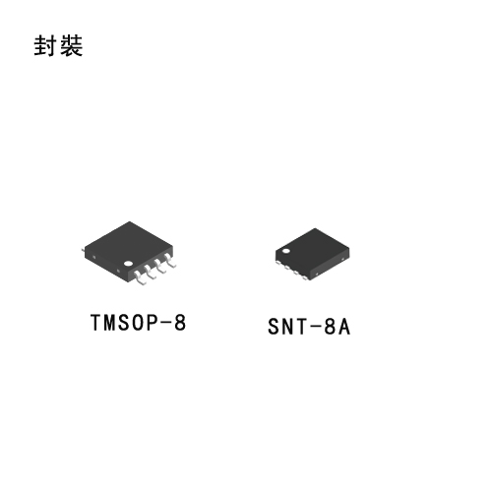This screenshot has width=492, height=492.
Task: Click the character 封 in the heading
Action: tap(44, 45)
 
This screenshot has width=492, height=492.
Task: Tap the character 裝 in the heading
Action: tap(71, 45)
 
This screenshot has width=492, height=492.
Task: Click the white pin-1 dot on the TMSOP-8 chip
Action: tap(128, 264)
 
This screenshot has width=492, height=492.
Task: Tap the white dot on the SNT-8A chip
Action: tap(286, 251)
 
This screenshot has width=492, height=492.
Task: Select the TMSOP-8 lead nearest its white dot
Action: tap(140, 277)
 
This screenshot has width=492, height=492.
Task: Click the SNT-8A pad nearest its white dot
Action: tap(278, 263)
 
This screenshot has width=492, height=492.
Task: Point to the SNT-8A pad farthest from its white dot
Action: tap(305, 277)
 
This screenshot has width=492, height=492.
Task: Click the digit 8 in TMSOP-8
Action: tap(180, 323)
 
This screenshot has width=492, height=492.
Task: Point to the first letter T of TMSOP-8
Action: tap(96, 323)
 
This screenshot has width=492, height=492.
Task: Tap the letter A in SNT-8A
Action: tap(344, 327)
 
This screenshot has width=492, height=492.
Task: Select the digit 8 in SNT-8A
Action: tap(330, 327)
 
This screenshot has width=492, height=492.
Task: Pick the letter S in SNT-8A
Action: tap(274, 327)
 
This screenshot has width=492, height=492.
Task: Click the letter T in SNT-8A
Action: tap(302, 327)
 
